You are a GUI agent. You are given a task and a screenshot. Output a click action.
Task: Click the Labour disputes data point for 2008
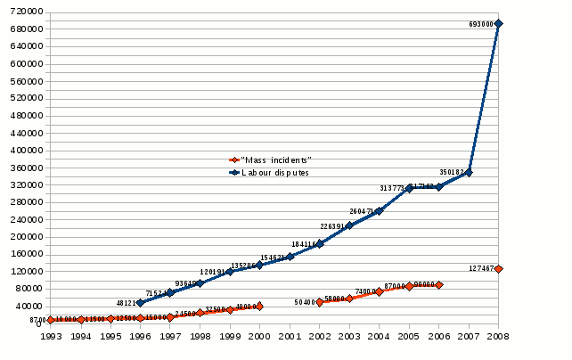pos(499,24)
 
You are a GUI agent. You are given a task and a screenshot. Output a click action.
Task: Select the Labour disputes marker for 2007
pos(469,172)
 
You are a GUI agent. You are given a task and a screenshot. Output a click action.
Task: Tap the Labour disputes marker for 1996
pos(140,303)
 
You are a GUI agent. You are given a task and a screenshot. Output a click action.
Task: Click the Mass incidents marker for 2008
pos(499,268)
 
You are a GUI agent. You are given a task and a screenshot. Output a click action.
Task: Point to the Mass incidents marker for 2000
pos(259,307)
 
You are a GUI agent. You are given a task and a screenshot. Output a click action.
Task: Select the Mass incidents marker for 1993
pos(51,320)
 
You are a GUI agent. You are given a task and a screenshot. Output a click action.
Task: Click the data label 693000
pos(482,25)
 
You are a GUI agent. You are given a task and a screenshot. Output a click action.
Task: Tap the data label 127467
pos(482,268)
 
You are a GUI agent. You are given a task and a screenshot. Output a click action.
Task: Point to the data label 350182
pos(452,171)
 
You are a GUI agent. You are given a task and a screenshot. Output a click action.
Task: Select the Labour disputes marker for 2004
pos(379,211)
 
